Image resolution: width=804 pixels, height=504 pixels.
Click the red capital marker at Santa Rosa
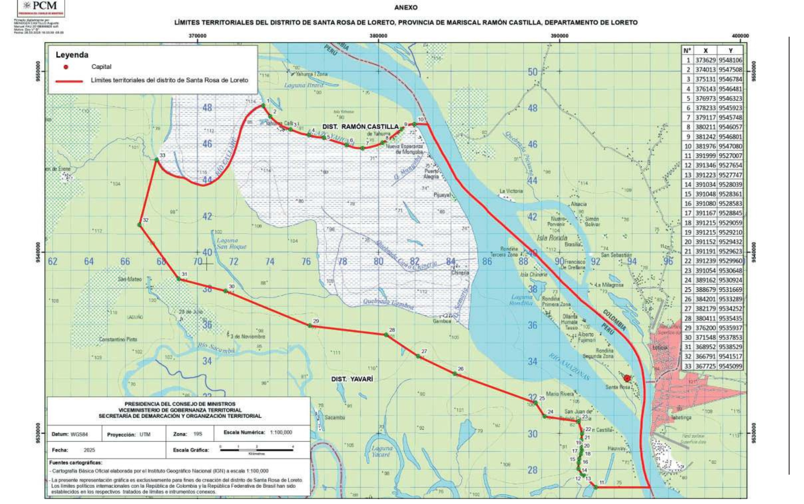627,378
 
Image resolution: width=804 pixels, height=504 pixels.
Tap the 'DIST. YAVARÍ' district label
352,379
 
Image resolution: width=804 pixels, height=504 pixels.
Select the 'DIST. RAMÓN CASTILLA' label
360,127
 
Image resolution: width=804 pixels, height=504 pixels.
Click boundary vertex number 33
157,160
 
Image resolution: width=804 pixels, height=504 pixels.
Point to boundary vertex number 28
386,334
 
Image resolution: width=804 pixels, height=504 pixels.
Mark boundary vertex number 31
178,279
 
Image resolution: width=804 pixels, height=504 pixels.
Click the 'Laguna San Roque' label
231,244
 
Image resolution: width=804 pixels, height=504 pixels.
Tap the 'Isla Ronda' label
552,238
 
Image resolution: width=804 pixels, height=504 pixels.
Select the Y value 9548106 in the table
730,60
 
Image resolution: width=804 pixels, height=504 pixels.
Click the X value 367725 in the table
706,366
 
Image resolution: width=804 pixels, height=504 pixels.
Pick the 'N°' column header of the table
687,51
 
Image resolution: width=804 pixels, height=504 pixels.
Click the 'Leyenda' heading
72,55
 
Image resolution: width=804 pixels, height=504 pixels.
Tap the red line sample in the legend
69,81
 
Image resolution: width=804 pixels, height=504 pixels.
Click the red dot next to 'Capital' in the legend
66,67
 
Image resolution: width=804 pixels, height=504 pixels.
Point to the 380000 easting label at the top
378,36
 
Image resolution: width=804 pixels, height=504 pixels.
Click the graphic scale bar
256,450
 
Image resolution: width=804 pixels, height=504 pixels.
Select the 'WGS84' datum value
79,434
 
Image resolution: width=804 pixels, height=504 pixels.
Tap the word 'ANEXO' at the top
406,8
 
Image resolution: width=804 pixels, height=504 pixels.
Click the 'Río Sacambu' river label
216,348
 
